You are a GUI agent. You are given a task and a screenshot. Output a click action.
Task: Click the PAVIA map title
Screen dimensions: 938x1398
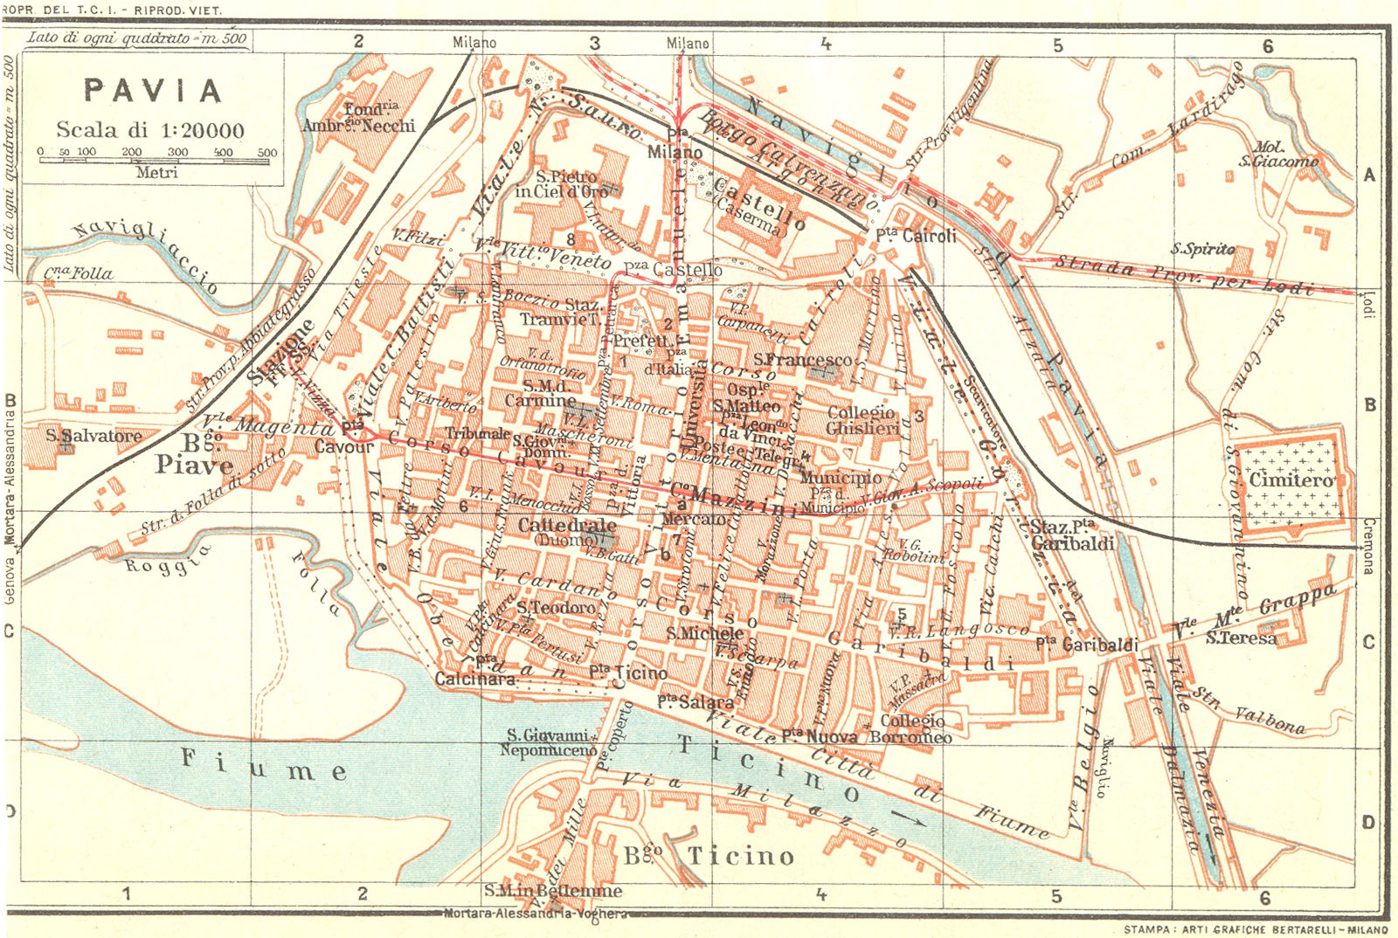[x=153, y=91]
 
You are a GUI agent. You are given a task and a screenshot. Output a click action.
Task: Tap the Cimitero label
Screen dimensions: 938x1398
[x=1291, y=479]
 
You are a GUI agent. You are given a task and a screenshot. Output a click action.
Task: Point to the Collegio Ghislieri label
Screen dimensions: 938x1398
[x=862, y=420]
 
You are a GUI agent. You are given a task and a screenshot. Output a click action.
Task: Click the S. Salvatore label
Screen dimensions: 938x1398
[x=93, y=435]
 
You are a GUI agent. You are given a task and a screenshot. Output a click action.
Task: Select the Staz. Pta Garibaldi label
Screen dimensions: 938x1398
[x=1072, y=535]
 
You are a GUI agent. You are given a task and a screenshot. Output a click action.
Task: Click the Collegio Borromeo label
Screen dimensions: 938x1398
[x=910, y=728]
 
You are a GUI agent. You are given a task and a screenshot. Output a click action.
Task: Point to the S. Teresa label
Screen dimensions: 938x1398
[x=1241, y=638]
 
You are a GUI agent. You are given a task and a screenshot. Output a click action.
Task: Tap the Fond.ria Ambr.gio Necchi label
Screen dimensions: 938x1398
[x=359, y=117]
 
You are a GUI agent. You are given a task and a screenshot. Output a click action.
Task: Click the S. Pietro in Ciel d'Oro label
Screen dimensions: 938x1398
[x=562, y=183]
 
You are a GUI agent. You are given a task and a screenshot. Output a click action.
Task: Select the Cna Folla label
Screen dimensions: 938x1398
[x=79, y=273]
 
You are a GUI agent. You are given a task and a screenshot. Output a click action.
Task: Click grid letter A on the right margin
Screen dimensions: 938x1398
[x=1369, y=175]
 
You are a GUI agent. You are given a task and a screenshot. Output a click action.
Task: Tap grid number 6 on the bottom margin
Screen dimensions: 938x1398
[x=1264, y=897]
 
